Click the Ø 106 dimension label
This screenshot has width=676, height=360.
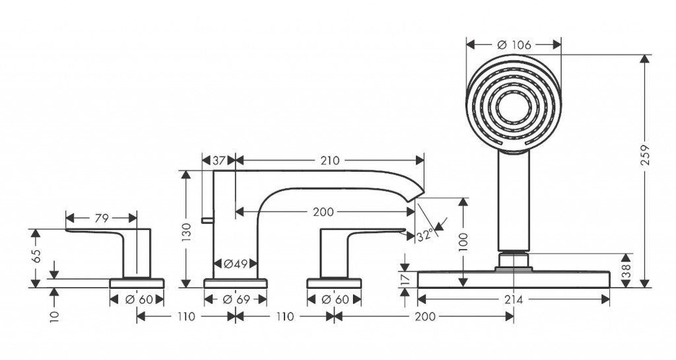point(513,44)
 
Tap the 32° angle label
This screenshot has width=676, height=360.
point(424,234)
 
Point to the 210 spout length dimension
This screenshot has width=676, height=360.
point(330,160)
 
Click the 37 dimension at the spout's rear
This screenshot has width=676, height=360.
point(218,160)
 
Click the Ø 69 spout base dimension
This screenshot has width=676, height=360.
point(235,299)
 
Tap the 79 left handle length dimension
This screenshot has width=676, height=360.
point(101,217)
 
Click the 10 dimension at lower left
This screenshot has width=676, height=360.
point(55,318)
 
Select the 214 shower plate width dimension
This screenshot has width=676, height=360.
point(513,299)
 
